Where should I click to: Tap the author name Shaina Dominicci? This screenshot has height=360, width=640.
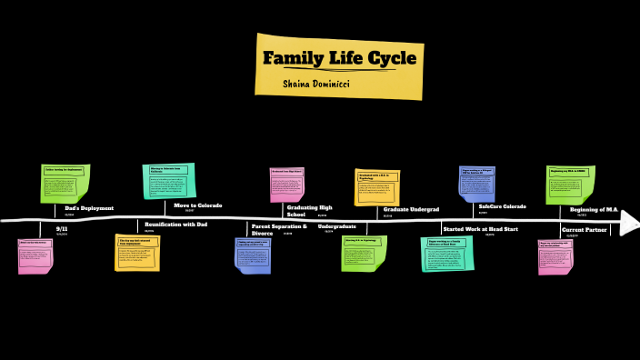tap(317, 83)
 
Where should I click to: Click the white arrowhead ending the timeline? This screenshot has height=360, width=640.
tap(629, 223)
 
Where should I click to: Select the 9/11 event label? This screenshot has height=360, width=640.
tap(63, 229)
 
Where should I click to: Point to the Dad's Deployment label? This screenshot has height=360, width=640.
tap(89, 208)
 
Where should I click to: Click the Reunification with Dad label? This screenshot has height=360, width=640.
tap(175, 224)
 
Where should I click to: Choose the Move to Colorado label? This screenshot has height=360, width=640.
tap(198, 205)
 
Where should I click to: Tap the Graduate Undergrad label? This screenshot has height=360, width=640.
tap(411, 210)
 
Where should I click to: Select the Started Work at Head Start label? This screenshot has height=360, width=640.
tap(480, 229)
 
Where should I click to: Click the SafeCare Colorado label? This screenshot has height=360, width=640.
tap(502, 207)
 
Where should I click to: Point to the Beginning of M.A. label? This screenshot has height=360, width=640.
tap(594, 210)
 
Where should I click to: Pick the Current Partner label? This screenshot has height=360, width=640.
tap(585, 230)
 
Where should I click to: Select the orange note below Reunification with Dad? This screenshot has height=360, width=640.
tap(136, 252)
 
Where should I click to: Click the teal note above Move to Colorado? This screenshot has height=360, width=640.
tap(169, 180)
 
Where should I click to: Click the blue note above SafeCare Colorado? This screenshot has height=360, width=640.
tap(477, 183)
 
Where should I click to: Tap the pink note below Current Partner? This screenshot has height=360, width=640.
tap(555, 255)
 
